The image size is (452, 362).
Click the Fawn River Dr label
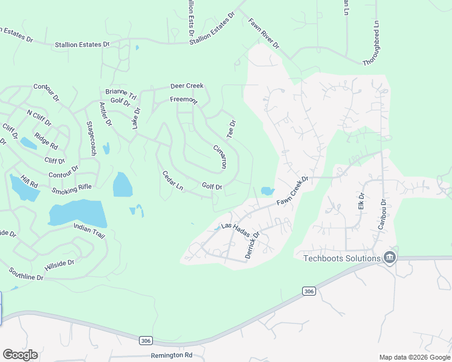tap(264, 33)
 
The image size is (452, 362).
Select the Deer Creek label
tap(187, 86)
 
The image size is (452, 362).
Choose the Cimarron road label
tap(220, 156)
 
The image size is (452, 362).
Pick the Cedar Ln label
tap(173, 181)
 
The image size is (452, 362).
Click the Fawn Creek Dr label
tap(293, 190)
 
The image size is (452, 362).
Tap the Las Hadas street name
tap(235, 226)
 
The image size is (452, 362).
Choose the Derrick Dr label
tap(253, 245)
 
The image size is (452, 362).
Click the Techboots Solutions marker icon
tap(390, 258)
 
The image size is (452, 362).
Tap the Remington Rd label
tap(172, 355)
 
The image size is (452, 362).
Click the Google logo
tap(20, 355)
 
